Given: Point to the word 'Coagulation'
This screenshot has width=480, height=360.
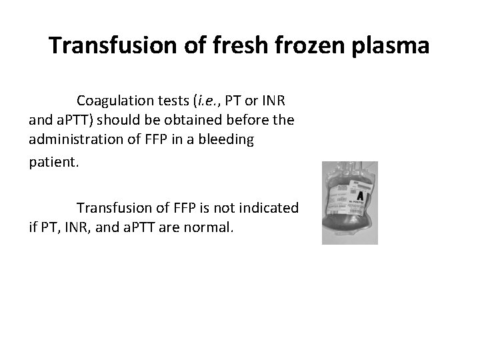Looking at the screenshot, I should point(113,101).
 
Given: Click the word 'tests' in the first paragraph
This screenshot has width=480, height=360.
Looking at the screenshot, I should point(169,101).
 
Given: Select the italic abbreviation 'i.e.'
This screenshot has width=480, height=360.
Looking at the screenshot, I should point(206,101).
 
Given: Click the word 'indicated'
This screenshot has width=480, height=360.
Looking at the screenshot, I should point(271,207).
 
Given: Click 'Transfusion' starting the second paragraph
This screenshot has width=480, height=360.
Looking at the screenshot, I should point(113,207).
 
